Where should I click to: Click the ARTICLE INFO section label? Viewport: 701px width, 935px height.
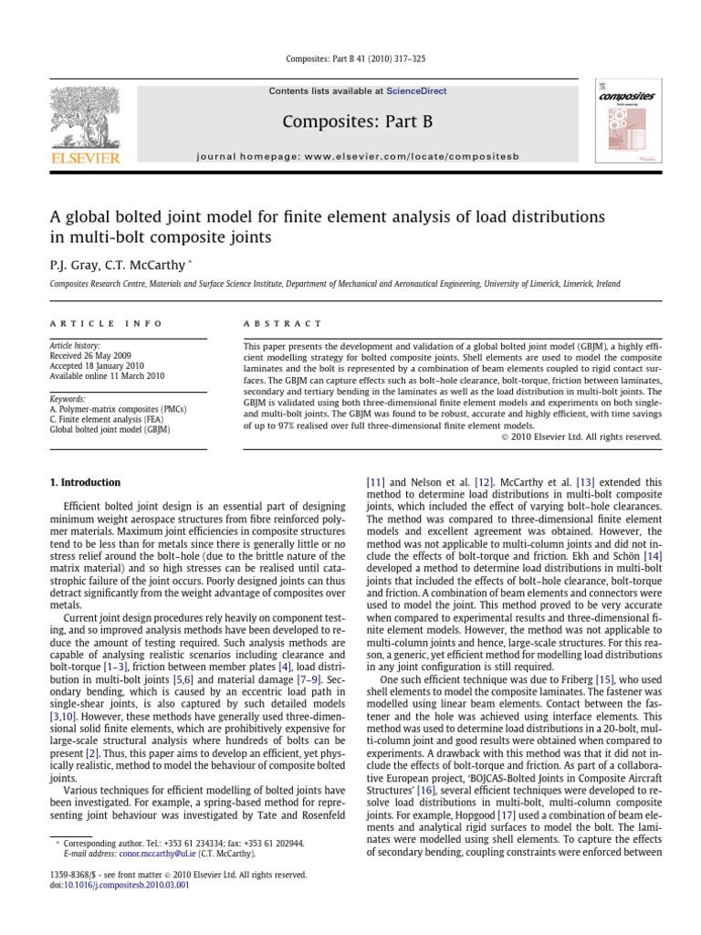[x=106, y=323]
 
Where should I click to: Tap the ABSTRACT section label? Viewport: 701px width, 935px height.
[x=282, y=323]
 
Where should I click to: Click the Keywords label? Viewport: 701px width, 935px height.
[x=68, y=399]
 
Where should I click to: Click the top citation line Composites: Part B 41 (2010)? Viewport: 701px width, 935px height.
[x=350, y=59]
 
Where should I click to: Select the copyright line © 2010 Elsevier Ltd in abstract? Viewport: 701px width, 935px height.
[x=582, y=436]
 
